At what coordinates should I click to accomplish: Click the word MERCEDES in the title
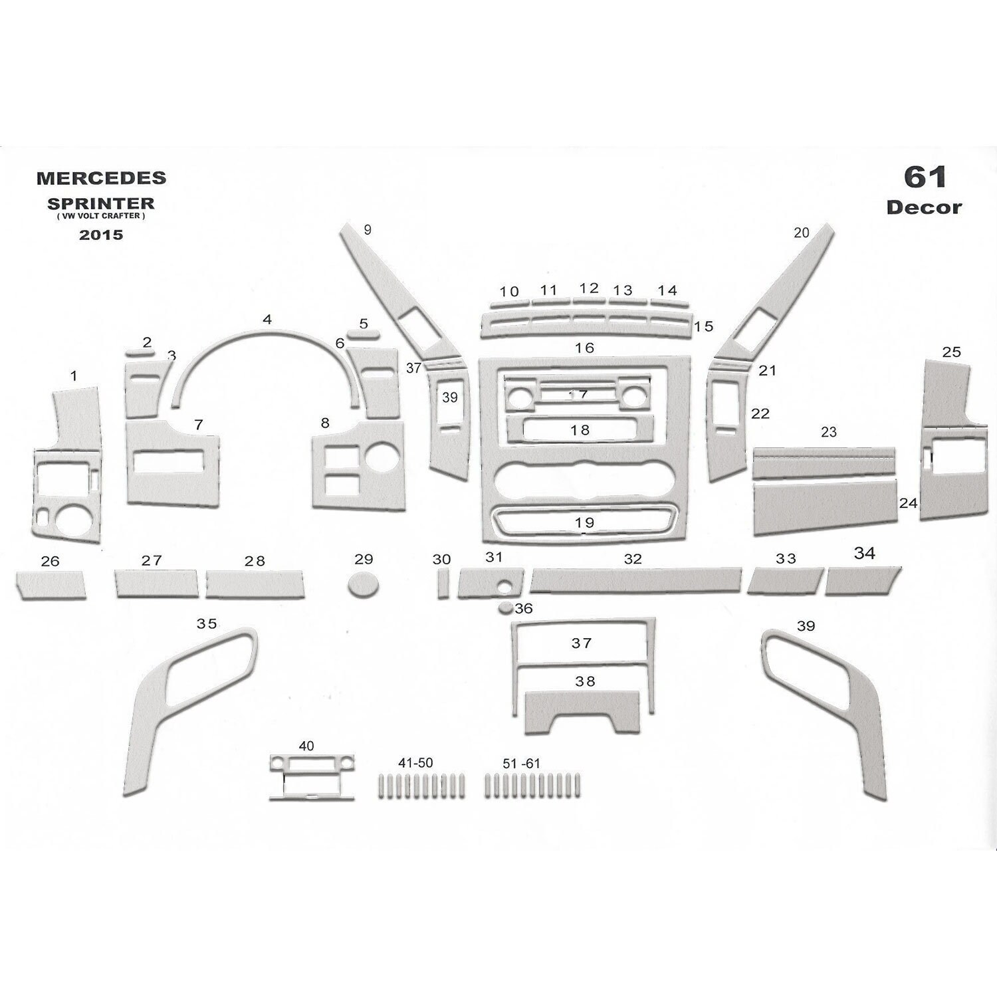pyautogui.click(x=101, y=178)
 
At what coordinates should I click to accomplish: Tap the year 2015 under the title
pyautogui.click(x=101, y=235)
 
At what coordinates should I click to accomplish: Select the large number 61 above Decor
pyautogui.click(x=925, y=177)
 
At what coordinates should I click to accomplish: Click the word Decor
pyautogui.click(x=924, y=207)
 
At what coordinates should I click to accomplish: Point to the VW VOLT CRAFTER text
pyautogui.click(x=101, y=216)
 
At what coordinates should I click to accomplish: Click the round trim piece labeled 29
pyautogui.click(x=363, y=584)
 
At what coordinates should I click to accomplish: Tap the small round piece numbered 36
pyautogui.click(x=506, y=608)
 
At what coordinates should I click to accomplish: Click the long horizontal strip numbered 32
pyautogui.click(x=635, y=580)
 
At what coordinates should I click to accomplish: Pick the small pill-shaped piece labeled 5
pyautogui.click(x=363, y=335)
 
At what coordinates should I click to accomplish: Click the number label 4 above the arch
pyautogui.click(x=267, y=320)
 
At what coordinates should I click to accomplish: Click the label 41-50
pyautogui.click(x=415, y=763)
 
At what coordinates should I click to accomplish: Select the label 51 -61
pyautogui.click(x=521, y=764)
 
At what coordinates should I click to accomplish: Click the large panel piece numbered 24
pyautogui.click(x=824, y=508)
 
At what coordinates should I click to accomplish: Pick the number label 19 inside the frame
pyautogui.click(x=584, y=523)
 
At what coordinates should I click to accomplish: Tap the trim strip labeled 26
pyautogui.click(x=51, y=585)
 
